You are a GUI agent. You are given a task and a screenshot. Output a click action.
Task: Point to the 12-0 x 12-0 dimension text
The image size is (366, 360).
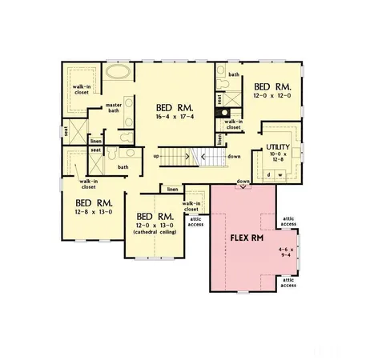[272, 96]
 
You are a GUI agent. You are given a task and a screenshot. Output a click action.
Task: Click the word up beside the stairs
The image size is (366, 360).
[156, 156]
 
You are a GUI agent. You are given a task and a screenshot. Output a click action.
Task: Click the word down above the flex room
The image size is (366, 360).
[243, 182]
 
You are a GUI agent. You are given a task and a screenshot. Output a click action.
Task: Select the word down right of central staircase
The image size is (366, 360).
[234, 156]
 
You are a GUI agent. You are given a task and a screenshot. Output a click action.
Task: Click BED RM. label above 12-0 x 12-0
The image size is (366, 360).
[272, 86]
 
